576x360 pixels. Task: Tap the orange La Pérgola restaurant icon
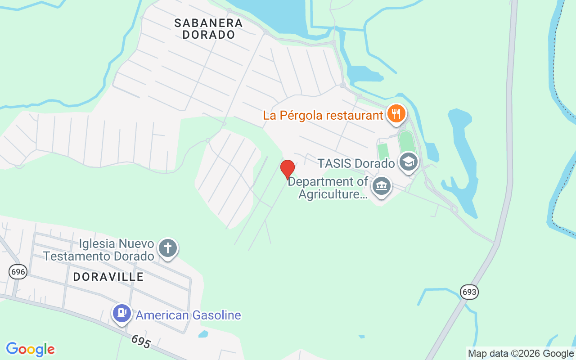(396, 113)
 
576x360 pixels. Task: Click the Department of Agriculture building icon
(382, 186)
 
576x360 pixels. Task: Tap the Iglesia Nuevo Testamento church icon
(167, 248)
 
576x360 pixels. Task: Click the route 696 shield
(18, 271)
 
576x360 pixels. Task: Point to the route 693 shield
(469, 292)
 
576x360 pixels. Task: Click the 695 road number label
(141, 342)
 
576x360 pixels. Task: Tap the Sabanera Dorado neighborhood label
(208, 29)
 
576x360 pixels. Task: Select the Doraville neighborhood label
(108, 277)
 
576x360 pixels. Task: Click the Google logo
(30, 349)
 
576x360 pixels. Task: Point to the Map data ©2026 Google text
(521, 354)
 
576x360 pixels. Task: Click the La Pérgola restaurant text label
(323, 115)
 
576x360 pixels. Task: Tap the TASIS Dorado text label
(356, 163)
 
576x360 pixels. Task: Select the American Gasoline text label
(188, 315)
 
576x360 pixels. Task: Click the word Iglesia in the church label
(97, 244)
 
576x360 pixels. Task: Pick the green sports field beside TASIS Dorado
(405, 142)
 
